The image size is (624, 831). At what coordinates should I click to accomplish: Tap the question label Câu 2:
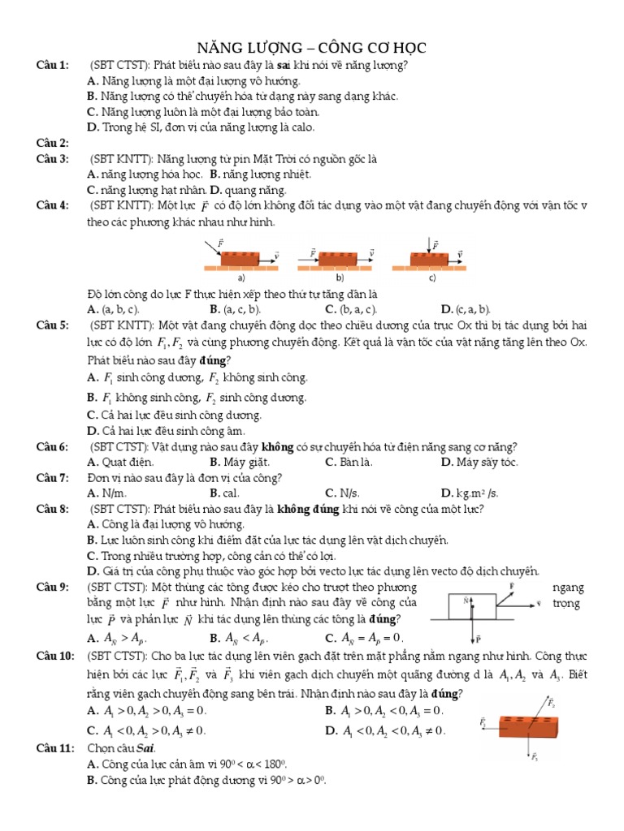pyautogui.click(x=53, y=143)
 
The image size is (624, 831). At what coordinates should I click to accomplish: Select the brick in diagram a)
pyautogui.click(x=240, y=259)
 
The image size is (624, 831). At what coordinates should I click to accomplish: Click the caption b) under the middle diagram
pyautogui.click(x=340, y=277)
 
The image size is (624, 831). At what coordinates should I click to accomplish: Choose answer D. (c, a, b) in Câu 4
pyautogui.click(x=466, y=309)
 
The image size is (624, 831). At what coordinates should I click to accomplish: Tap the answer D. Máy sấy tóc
pyautogui.click(x=480, y=463)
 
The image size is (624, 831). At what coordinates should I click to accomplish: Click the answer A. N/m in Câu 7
pyautogui.click(x=106, y=493)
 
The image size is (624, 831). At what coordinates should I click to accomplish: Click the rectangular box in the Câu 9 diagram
pyautogui.click(x=473, y=606)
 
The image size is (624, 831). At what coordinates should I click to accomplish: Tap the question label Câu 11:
pyautogui.click(x=55, y=748)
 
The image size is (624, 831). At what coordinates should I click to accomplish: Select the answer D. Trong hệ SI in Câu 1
pyautogui.click(x=200, y=127)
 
